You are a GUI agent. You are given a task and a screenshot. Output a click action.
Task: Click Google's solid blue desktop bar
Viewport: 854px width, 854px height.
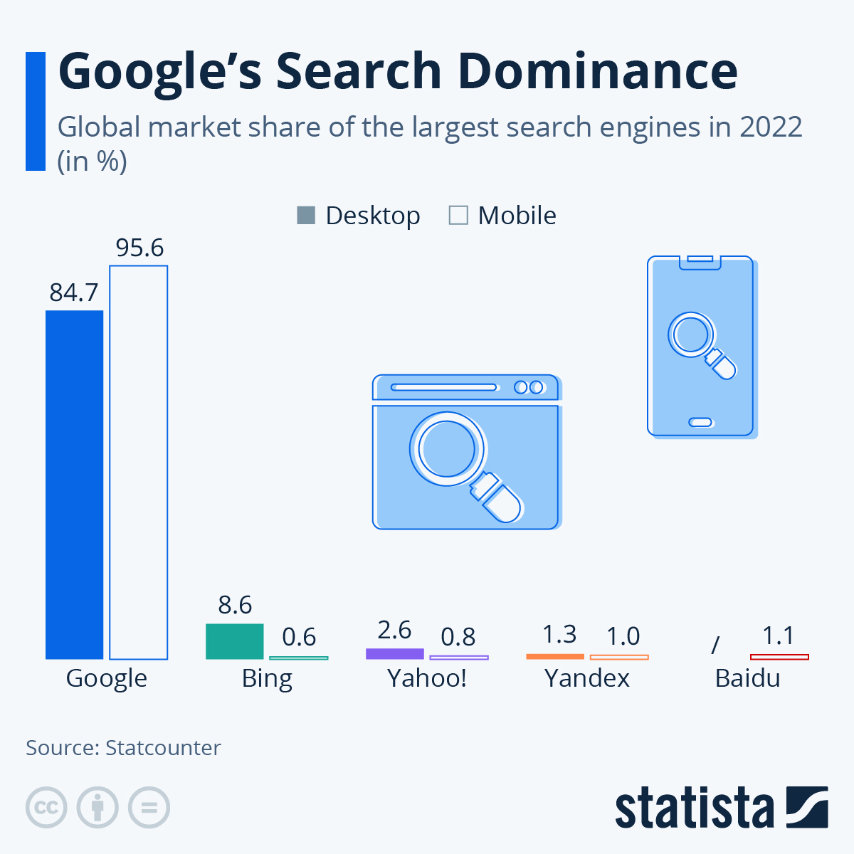pos(74,484)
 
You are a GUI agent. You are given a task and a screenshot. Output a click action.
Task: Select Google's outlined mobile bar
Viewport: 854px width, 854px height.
pos(138,463)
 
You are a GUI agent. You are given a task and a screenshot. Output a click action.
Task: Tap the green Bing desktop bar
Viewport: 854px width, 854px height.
pos(234,641)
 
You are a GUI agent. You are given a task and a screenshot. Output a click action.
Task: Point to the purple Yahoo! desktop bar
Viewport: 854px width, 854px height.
pos(394,653)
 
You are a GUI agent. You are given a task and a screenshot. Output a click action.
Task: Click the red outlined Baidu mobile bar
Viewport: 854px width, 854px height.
pos(779,657)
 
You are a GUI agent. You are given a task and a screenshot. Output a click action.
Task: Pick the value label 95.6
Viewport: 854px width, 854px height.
pos(139,248)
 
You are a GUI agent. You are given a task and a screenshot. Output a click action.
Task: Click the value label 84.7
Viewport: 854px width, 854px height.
pos(74,292)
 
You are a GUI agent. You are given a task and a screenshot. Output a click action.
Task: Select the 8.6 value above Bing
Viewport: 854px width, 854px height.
pos(235,605)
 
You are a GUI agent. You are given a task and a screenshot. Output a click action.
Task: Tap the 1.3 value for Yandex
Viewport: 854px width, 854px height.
pos(559,634)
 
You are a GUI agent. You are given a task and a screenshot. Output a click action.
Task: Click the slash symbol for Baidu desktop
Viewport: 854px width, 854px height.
pos(715,645)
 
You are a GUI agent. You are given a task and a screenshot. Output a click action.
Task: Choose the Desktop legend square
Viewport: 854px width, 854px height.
pos(305,215)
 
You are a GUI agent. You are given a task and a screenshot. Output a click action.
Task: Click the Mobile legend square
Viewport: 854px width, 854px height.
pos(458,215)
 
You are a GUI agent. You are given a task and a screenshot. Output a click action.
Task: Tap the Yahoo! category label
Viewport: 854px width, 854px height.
pos(427,678)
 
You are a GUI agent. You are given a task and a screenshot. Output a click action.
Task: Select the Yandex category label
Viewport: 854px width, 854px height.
pos(587,678)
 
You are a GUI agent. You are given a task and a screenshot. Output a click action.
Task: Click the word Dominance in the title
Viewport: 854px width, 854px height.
pos(597,71)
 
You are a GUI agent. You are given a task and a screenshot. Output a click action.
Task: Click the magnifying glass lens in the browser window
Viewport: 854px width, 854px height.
pos(447,449)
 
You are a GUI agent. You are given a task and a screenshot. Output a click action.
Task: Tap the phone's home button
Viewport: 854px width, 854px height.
pos(701,422)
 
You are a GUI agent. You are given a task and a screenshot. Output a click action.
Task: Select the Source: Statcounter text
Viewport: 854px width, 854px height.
pos(123,748)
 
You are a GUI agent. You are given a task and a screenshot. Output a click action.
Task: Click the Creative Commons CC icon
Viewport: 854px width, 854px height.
pos(46,808)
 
